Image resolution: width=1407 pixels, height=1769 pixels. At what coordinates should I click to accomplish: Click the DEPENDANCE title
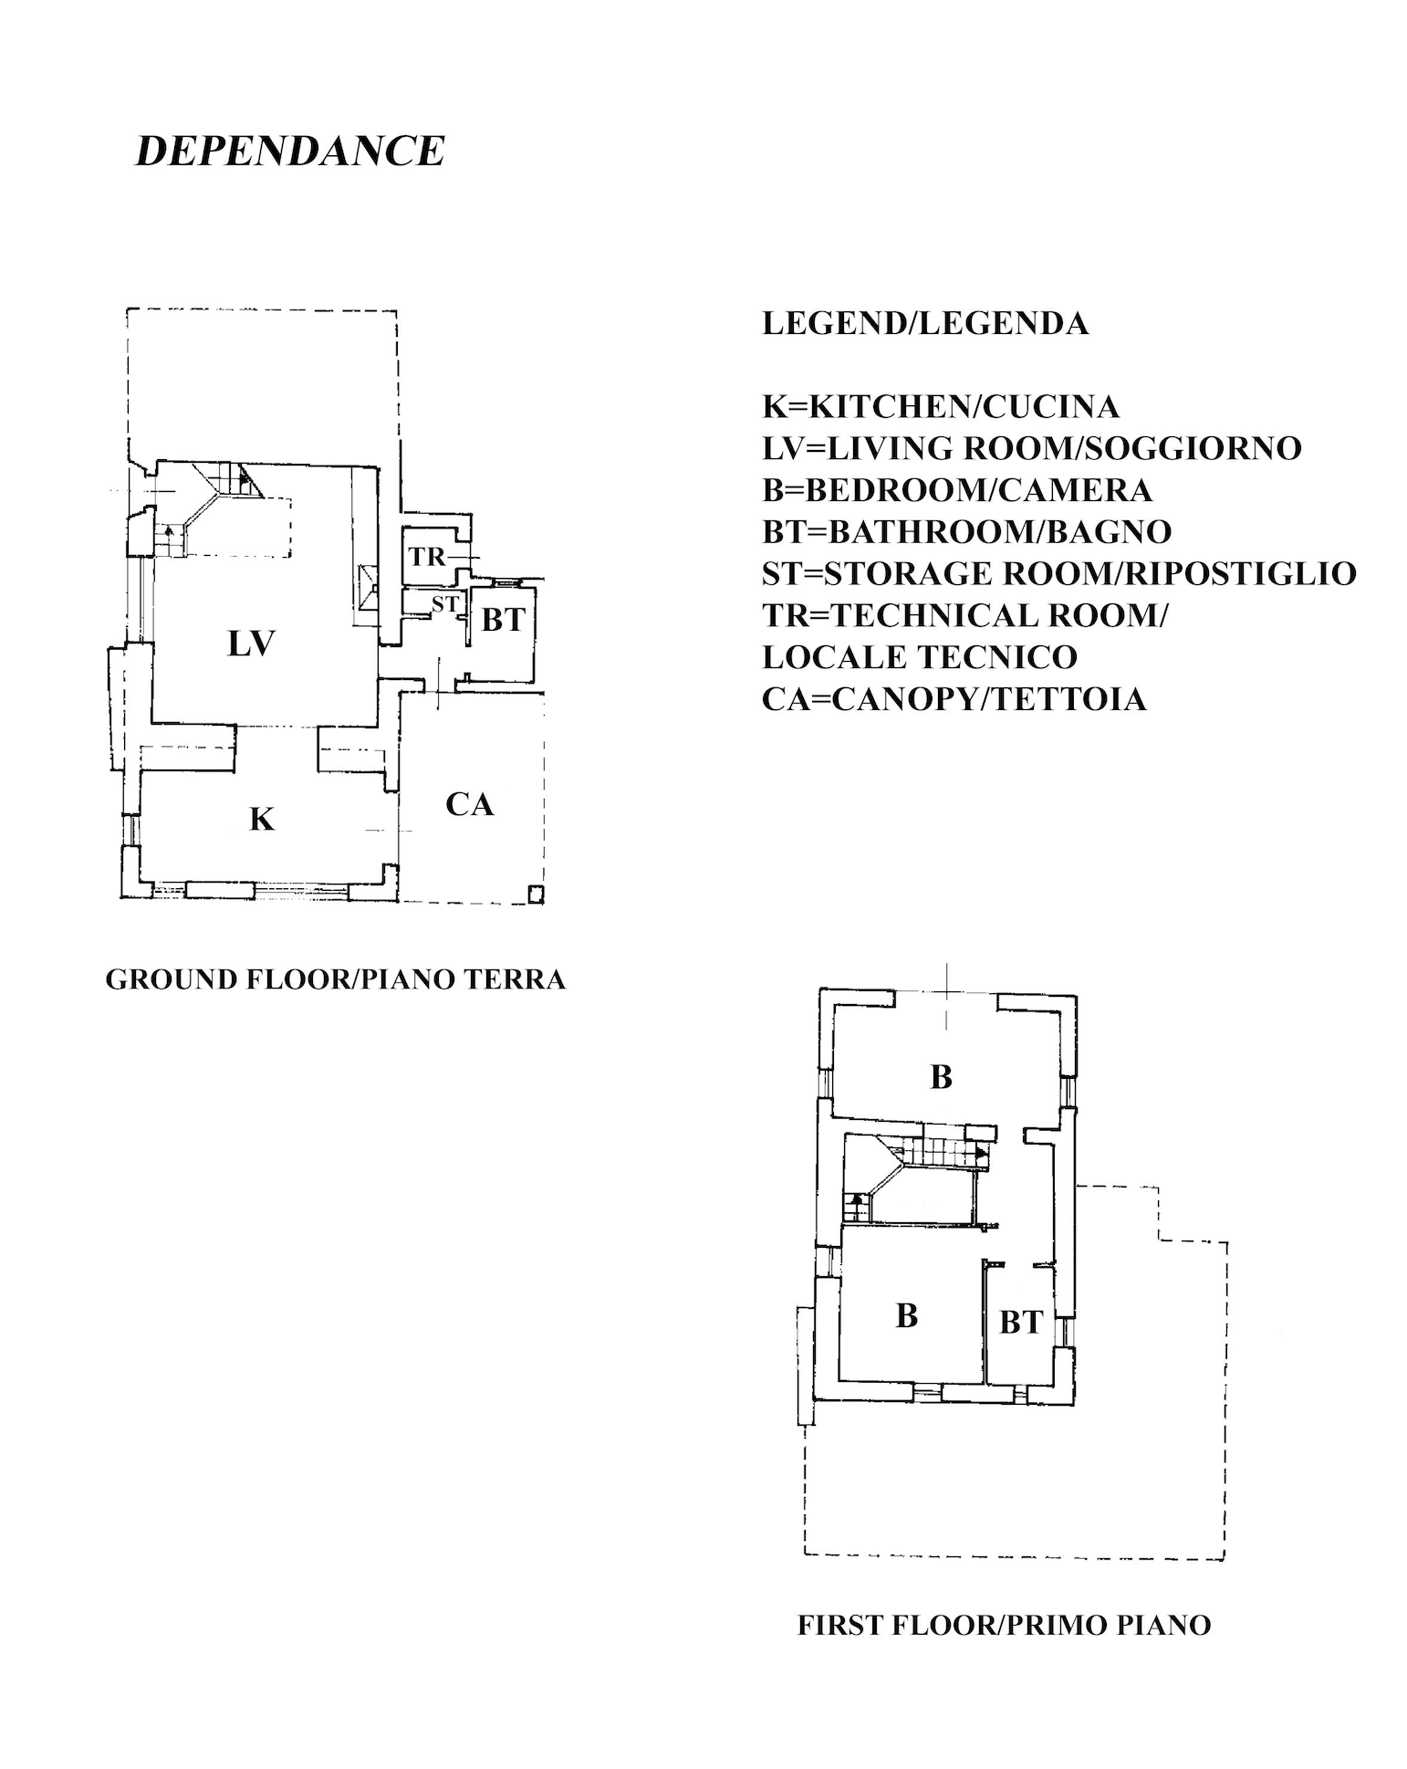click(x=290, y=151)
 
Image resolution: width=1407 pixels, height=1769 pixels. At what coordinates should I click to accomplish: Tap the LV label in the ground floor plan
click(x=251, y=644)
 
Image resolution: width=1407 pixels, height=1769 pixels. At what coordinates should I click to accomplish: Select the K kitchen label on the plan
click(x=262, y=820)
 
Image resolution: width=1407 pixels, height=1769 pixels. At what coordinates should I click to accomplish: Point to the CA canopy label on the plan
click(x=470, y=804)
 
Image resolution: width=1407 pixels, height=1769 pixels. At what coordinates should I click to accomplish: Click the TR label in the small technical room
click(x=427, y=556)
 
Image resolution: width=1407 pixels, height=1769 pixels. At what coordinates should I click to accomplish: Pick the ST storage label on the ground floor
click(x=444, y=603)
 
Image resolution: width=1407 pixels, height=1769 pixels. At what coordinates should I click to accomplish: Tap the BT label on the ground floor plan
click(x=503, y=621)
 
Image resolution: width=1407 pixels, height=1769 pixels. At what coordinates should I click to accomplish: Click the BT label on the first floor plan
click(x=1021, y=1322)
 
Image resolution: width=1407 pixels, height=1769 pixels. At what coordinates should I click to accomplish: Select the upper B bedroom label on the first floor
click(x=941, y=1077)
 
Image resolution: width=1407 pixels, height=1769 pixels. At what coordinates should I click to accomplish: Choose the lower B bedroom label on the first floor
click(x=906, y=1315)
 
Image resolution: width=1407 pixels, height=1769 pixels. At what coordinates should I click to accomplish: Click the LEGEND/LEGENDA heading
click(x=925, y=323)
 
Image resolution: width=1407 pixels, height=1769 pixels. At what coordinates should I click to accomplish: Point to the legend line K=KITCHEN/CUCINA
click(x=941, y=406)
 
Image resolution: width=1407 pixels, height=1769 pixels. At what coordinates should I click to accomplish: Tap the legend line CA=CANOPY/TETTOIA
click(x=954, y=699)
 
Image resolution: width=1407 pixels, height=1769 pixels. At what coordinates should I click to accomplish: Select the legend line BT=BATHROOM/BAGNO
click(x=967, y=531)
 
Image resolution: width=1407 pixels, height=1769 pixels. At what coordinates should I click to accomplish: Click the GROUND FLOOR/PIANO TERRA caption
click(x=336, y=979)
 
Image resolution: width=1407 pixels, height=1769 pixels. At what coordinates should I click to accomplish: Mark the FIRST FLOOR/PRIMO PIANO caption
click(x=1004, y=1626)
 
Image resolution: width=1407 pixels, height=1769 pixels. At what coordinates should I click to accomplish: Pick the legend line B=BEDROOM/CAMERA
click(x=957, y=490)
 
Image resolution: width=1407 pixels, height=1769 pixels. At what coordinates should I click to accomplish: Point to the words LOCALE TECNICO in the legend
click(x=920, y=657)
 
